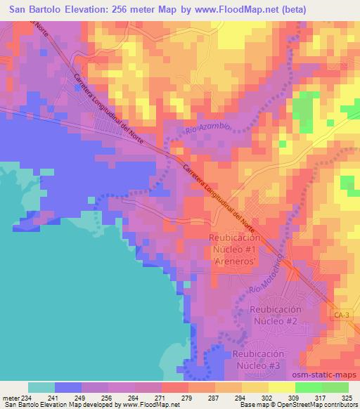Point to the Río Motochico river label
[x=269, y=278]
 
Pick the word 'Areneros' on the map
[x=235, y=259]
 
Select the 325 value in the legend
[x=347, y=397]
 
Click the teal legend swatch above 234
[x=41, y=387]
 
